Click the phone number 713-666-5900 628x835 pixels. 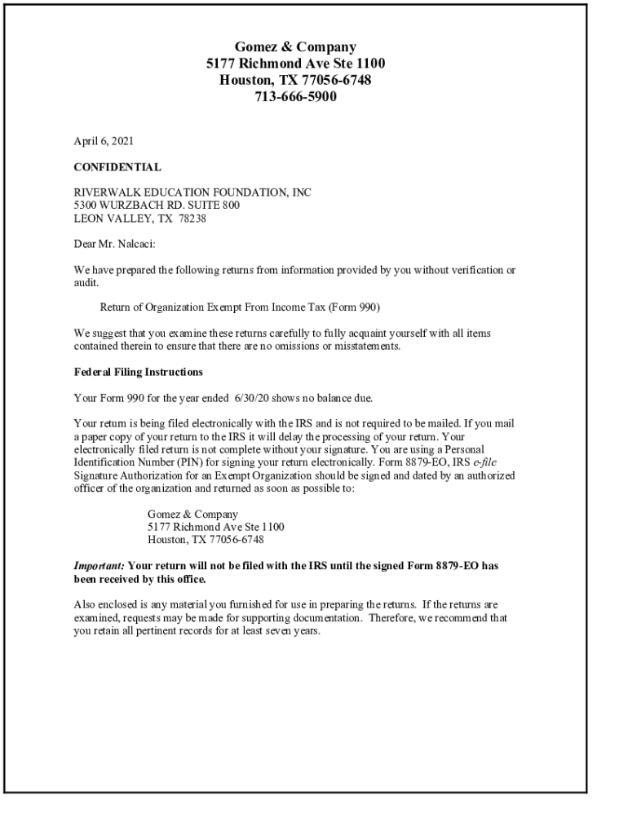pos(295,97)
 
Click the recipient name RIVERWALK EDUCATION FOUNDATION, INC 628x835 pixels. pos(192,193)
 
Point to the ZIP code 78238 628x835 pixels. pos(192,218)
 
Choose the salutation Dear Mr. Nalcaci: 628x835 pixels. pos(120,243)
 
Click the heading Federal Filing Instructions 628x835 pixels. pos(138,372)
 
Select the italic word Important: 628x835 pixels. pos(100,566)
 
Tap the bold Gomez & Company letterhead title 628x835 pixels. pos(295,47)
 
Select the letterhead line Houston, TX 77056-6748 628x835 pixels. pos(295,81)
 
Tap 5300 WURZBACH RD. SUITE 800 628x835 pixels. pos(157,205)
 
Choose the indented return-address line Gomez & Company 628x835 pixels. pos(192,515)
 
